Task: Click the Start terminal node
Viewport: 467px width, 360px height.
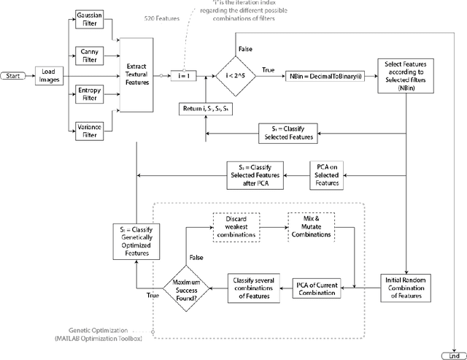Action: (13, 75)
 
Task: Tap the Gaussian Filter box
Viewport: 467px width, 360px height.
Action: (88, 20)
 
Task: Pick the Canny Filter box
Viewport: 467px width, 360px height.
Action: (88, 55)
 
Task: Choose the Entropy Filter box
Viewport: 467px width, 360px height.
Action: (88, 93)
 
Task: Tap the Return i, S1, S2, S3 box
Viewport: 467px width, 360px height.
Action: (207, 110)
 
